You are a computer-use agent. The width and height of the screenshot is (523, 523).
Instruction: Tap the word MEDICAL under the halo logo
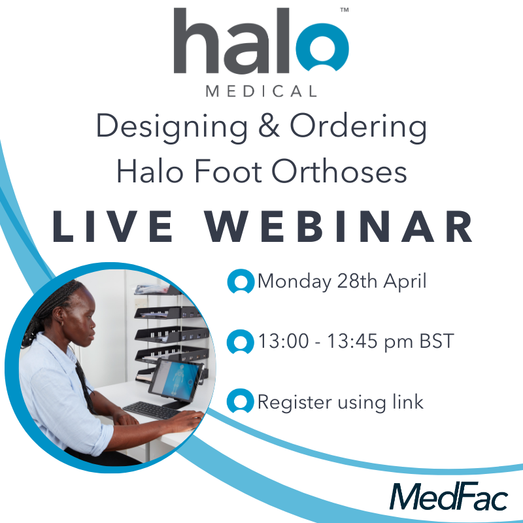(x=261, y=91)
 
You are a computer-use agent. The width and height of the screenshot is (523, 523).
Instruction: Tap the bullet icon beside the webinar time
(x=241, y=342)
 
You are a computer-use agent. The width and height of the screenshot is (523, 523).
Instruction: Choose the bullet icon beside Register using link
(x=241, y=402)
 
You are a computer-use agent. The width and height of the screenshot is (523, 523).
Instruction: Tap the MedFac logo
(x=448, y=496)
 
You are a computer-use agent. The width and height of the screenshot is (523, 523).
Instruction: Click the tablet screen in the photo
(x=174, y=381)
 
